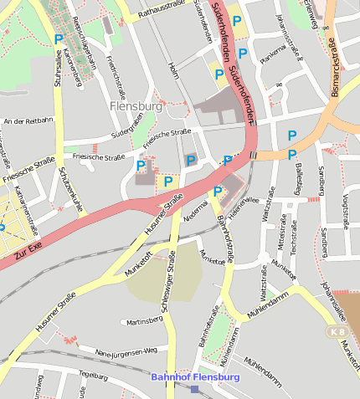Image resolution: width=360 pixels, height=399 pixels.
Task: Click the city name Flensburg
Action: click(x=135, y=106)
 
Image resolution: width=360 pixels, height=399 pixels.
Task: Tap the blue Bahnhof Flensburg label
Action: click(x=195, y=377)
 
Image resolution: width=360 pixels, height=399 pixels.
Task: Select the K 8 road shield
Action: click(x=337, y=331)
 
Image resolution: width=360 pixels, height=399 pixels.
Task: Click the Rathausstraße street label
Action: click(x=161, y=9)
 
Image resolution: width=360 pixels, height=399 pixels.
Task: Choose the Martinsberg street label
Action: click(x=142, y=320)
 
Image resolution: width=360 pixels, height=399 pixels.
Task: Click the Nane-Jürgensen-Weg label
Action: click(x=126, y=350)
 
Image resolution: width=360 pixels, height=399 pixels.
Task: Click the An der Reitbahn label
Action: click(x=28, y=120)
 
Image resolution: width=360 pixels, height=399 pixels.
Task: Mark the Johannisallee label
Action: click(x=332, y=297)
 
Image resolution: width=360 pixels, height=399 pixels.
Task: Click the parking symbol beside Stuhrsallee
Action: click(x=58, y=38)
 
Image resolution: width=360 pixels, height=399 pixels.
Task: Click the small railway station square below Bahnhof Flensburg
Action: click(x=195, y=389)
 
